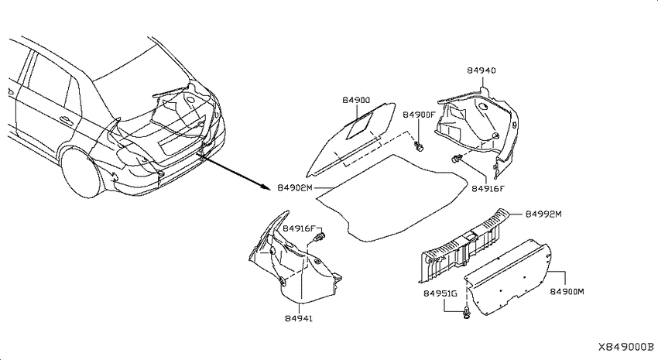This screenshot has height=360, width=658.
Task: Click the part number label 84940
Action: coord(482,70)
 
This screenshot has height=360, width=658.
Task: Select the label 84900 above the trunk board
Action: coord(356,101)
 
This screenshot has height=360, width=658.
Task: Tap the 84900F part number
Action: coord(420,115)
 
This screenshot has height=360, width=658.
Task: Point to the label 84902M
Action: coord(295,188)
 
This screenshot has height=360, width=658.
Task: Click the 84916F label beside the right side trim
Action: coord(488,189)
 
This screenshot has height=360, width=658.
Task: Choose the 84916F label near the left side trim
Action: coord(299,228)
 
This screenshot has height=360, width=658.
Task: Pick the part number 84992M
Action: coord(543,214)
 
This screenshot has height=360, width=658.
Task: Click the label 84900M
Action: coord(567,292)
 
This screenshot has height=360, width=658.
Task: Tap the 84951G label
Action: coord(440,293)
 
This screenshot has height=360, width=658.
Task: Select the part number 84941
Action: coord(299,318)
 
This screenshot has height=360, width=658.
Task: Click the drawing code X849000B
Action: coord(626,347)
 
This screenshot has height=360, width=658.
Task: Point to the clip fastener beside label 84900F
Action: coord(418,146)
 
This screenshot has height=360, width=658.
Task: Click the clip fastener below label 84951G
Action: coord(466,313)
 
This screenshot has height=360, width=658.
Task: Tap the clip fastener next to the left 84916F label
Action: coord(320,237)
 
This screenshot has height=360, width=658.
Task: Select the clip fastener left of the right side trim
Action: coord(457,159)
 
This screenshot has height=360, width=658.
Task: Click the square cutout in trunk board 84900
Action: coord(361,125)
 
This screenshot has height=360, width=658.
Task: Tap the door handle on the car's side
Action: coord(66,121)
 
